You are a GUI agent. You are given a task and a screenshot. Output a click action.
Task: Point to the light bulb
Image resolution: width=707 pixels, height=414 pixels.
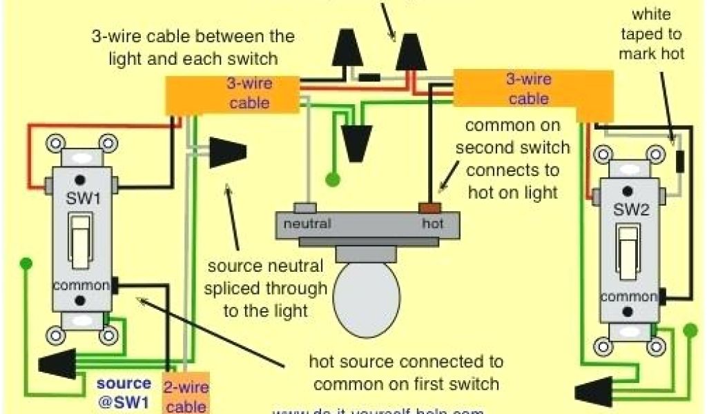click(x=366, y=294)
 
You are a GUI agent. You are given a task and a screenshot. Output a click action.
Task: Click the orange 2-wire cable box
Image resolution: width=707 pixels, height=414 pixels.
click(x=185, y=395)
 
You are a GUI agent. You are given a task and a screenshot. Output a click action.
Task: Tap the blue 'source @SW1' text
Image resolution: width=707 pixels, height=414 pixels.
click(x=124, y=391)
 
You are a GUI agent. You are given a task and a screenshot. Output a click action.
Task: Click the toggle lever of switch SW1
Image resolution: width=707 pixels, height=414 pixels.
click(x=81, y=238)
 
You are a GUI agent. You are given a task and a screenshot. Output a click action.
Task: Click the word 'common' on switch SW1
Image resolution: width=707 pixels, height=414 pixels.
click(x=81, y=285)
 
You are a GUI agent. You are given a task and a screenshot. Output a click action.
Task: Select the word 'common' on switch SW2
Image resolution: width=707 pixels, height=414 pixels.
click(x=627, y=297)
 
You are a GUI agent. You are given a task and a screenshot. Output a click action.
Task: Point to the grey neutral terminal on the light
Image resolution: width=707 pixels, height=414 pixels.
click(x=304, y=206)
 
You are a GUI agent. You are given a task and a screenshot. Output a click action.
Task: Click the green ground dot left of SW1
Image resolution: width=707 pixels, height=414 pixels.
click(x=26, y=263)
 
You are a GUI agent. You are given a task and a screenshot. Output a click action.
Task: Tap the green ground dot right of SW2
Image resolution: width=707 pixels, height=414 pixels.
click(x=690, y=331)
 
